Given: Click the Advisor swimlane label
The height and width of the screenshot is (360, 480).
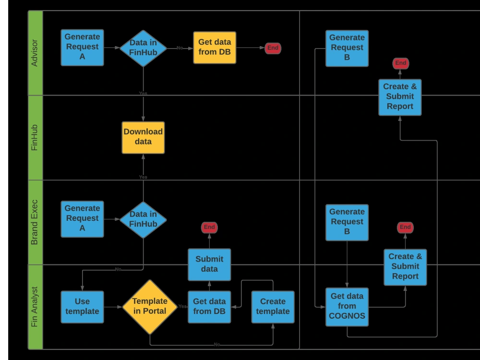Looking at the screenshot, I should point(35,53).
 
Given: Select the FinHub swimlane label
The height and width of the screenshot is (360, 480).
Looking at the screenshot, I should point(35,138).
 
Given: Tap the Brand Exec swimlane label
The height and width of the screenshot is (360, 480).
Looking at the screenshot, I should point(35,222).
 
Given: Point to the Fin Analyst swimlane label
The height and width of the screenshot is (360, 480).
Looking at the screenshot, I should point(35,307).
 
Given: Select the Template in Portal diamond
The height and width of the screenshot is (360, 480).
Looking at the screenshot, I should point(150,307).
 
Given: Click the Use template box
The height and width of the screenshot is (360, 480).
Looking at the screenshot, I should point(82,307).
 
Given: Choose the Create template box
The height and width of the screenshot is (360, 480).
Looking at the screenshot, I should point(273,307).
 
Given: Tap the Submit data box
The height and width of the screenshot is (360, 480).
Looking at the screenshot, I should point(209,264).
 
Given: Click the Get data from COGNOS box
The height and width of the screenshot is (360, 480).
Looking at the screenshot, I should point(347,307).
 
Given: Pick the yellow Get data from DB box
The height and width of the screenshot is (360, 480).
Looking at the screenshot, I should point(215,48).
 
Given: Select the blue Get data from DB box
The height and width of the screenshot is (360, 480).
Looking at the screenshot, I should point(209,307).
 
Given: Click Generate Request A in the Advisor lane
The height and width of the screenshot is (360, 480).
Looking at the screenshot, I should point(82,48).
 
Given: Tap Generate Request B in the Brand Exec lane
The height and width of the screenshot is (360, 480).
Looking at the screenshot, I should point(347,222).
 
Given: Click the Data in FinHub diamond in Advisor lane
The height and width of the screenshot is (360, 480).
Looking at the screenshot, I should point(143,48).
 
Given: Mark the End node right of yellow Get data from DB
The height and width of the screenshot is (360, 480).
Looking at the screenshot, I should point(273,48).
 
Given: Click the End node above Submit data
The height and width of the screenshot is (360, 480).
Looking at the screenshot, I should point(209,227).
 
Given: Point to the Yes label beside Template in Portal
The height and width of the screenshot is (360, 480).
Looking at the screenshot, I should point(182,306).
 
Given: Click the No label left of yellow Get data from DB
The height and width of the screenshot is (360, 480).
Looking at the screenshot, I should point(180,48).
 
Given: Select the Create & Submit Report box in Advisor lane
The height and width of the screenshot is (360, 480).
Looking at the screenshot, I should point(400,97).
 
